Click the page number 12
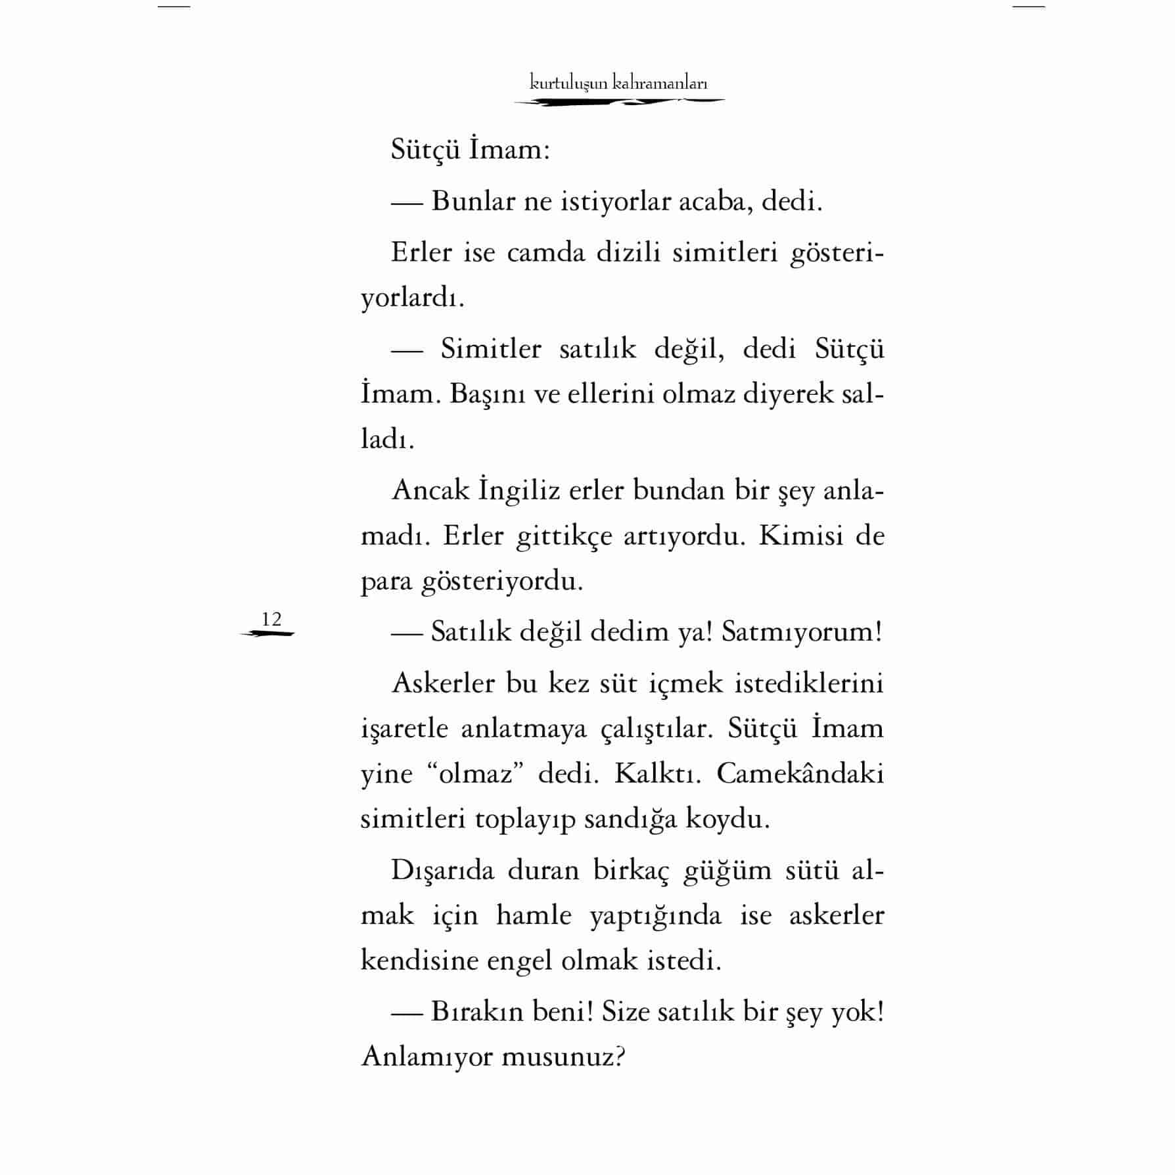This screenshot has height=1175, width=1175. tap(271, 619)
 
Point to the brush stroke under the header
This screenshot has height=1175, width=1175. tap(619, 102)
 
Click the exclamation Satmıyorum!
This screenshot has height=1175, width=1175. tap(802, 632)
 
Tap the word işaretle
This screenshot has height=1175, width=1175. tap(404, 729)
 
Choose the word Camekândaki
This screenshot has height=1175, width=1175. tap(800, 774)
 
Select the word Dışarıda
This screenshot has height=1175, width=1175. tap(442, 870)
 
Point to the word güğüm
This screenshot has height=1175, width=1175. tap(727, 871)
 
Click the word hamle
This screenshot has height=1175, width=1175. tap(534, 915)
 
